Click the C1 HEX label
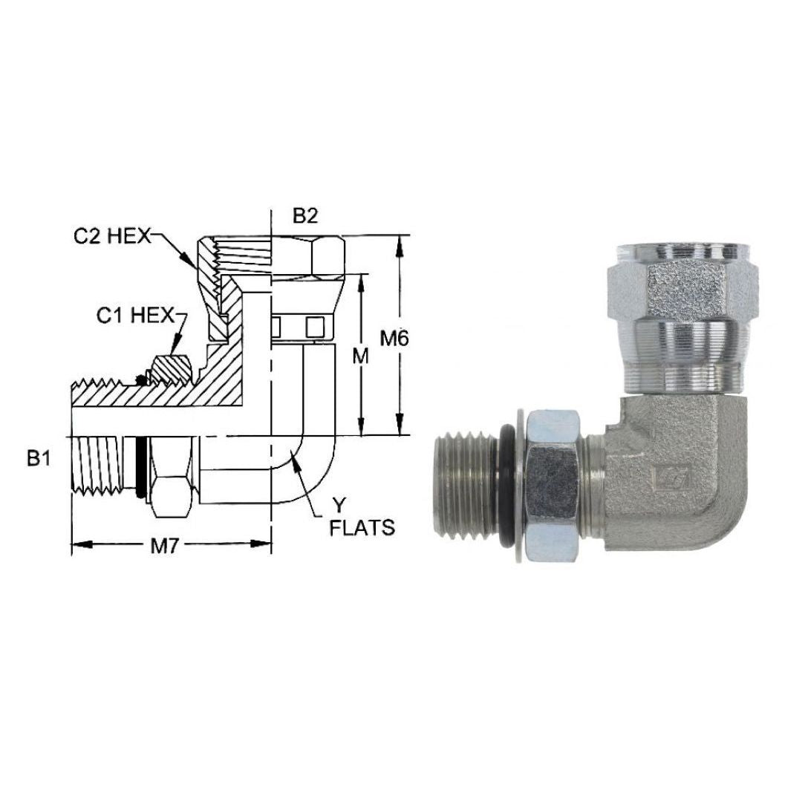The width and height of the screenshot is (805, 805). click(x=136, y=316)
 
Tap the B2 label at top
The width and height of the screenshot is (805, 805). click(x=305, y=216)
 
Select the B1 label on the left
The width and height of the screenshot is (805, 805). click(x=39, y=458)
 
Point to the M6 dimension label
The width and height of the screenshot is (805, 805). click(x=394, y=339)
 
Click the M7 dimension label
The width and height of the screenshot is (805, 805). click(x=164, y=547)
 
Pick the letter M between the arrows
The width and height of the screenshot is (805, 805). click(x=361, y=355)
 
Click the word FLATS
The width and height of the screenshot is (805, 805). click(x=362, y=528)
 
